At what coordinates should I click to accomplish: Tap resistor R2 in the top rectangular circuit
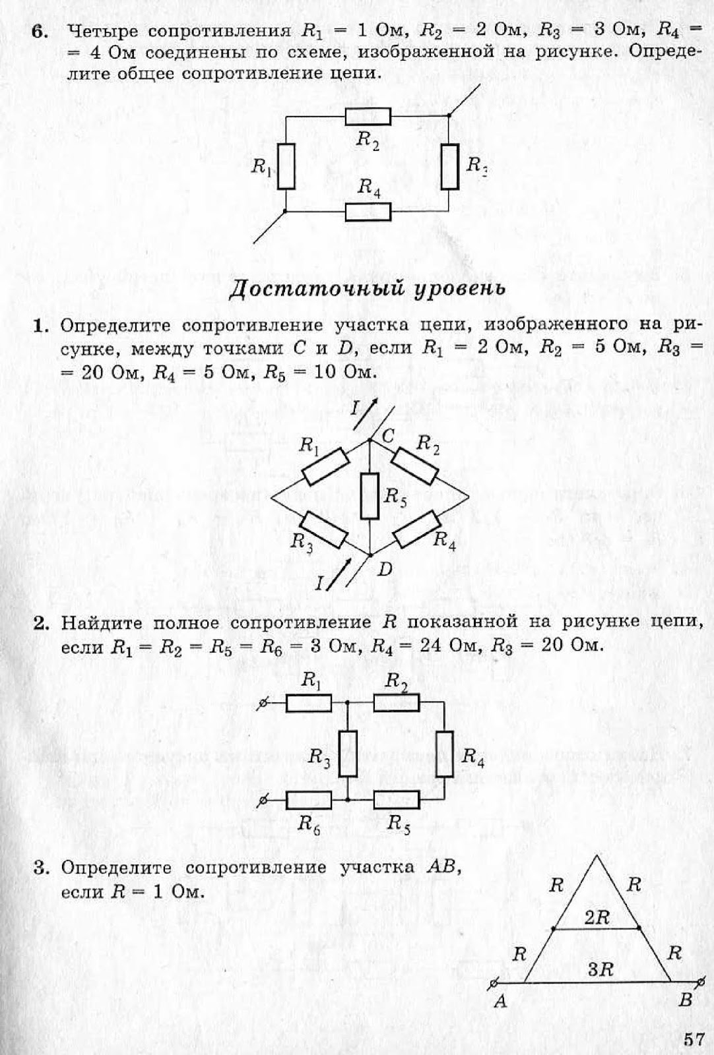(x=368, y=117)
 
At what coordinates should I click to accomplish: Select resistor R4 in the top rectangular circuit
(x=368, y=212)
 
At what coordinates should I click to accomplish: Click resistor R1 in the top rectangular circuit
(x=286, y=166)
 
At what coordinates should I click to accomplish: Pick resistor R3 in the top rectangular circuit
(x=450, y=166)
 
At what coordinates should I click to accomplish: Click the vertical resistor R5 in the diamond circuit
(x=370, y=496)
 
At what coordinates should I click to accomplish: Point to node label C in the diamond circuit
(x=388, y=436)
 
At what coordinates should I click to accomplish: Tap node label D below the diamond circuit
(x=385, y=569)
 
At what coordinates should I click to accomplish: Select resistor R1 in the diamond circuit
(x=325, y=467)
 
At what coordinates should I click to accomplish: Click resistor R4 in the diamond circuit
(x=416, y=529)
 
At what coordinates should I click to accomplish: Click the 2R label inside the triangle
(x=597, y=917)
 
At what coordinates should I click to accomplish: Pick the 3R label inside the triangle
(x=600, y=969)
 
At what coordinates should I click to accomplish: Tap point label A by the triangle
(x=501, y=1002)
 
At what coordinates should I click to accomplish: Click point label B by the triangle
(x=686, y=1000)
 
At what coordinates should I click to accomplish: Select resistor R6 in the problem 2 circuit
(x=309, y=800)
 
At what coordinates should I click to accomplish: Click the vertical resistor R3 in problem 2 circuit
(x=348, y=753)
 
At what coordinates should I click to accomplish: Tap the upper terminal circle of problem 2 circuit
(x=263, y=705)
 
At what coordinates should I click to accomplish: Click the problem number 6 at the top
(x=41, y=32)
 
